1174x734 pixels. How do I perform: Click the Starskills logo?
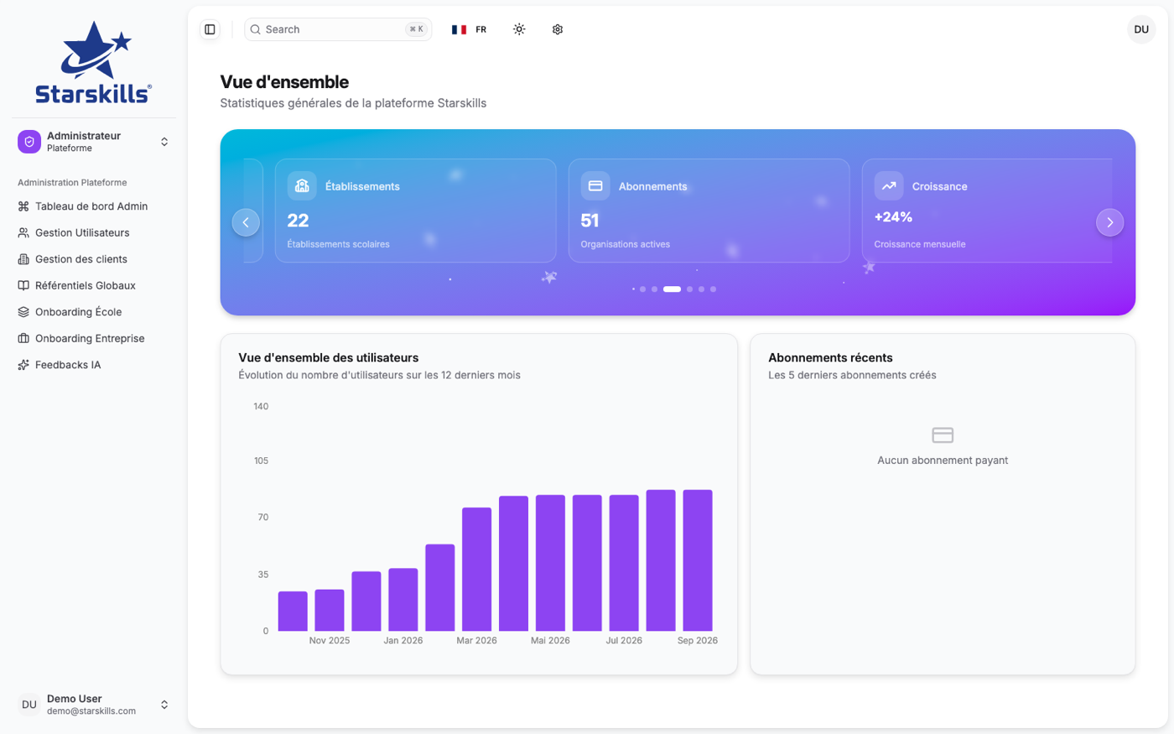pyautogui.click(x=93, y=62)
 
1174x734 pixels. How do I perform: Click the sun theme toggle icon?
pyautogui.click(x=519, y=29)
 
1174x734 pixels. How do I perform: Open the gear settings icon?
pyautogui.click(x=557, y=29)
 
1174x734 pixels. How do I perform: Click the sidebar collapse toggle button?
pyautogui.click(x=210, y=29)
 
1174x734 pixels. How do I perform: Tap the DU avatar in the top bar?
pyautogui.click(x=1141, y=29)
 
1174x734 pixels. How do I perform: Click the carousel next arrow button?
pyautogui.click(x=1109, y=222)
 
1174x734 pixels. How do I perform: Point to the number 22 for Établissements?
pyautogui.click(x=298, y=221)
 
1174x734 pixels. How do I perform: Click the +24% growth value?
pyautogui.click(x=893, y=217)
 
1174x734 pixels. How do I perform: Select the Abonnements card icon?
pyautogui.click(x=595, y=186)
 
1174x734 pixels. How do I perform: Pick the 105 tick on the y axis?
pyautogui.click(x=261, y=461)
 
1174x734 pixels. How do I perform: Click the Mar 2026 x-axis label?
pyautogui.click(x=476, y=641)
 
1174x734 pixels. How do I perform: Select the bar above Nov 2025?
pyautogui.click(x=329, y=611)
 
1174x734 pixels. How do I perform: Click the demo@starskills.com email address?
pyautogui.click(x=91, y=711)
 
